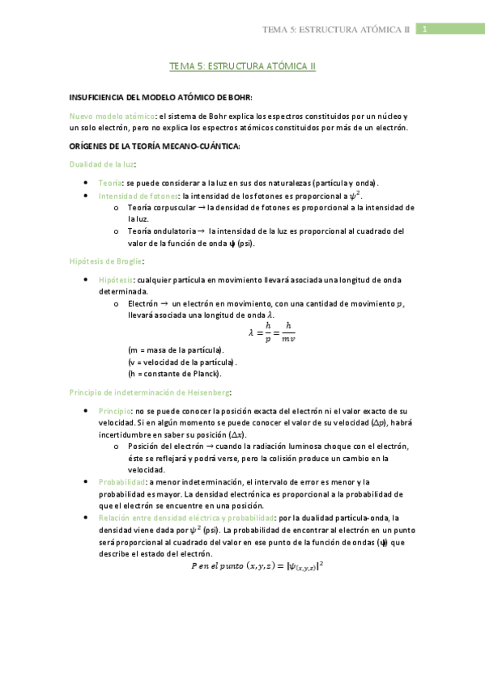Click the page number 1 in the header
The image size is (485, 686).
[423, 29]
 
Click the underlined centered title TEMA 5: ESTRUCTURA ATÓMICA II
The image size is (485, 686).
[242, 67]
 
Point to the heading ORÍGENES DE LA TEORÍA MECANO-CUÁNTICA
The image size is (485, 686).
[155, 146]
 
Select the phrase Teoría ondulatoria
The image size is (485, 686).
[161, 231]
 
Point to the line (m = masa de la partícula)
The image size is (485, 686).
[175, 349]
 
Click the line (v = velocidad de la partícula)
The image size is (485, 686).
[177, 362]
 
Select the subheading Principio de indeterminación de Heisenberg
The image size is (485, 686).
[151, 392]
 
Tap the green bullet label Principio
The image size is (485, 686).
[116, 411]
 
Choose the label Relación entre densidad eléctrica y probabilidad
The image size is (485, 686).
[185, 517]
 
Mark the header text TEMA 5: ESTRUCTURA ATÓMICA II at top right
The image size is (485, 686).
[337, 30]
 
